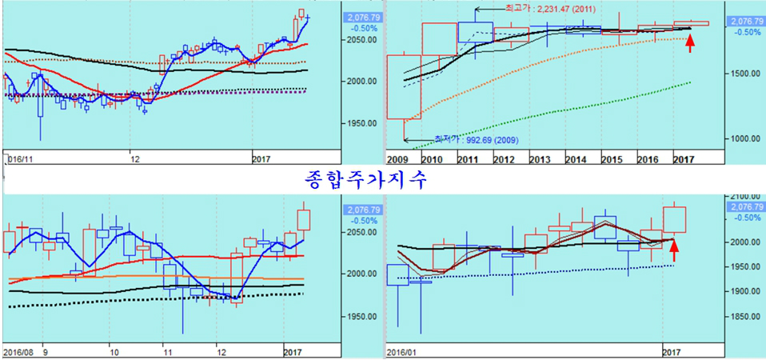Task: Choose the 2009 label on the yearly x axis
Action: click(x=397, y=160)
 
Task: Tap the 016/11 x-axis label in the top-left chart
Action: click(x=18, y=160)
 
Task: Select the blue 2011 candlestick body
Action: click(x=475, y=32)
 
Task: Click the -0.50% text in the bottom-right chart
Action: click(x=747, y=217)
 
